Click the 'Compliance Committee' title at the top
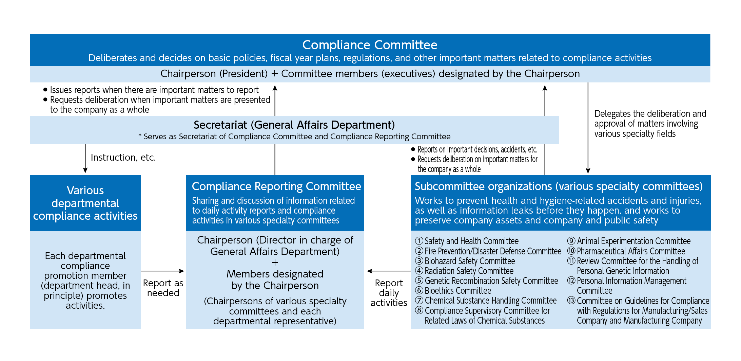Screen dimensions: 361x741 pos(370,45)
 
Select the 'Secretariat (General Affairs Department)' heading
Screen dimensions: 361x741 pos(294,125)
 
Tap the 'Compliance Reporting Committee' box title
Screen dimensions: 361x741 pos(276,186)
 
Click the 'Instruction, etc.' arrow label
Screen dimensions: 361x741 pos(123,158)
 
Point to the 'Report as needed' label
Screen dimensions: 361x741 pos(163,288)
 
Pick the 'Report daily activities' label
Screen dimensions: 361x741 pos(389,293)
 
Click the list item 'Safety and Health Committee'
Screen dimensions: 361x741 pos(471,241)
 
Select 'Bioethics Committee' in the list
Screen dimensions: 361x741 pos(457,291)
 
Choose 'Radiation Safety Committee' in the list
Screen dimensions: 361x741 pos(469,271)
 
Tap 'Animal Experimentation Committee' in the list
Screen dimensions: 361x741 pos(633,241)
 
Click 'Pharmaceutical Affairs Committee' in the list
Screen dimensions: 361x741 pos(631,251)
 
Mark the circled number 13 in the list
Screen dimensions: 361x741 pos(571,301)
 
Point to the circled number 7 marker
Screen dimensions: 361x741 pos(420,301)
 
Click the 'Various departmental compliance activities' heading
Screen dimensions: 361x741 pos(85,203)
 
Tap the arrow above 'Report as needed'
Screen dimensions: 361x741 pos(163,271)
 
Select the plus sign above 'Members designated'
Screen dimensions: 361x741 pos(275,263)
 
